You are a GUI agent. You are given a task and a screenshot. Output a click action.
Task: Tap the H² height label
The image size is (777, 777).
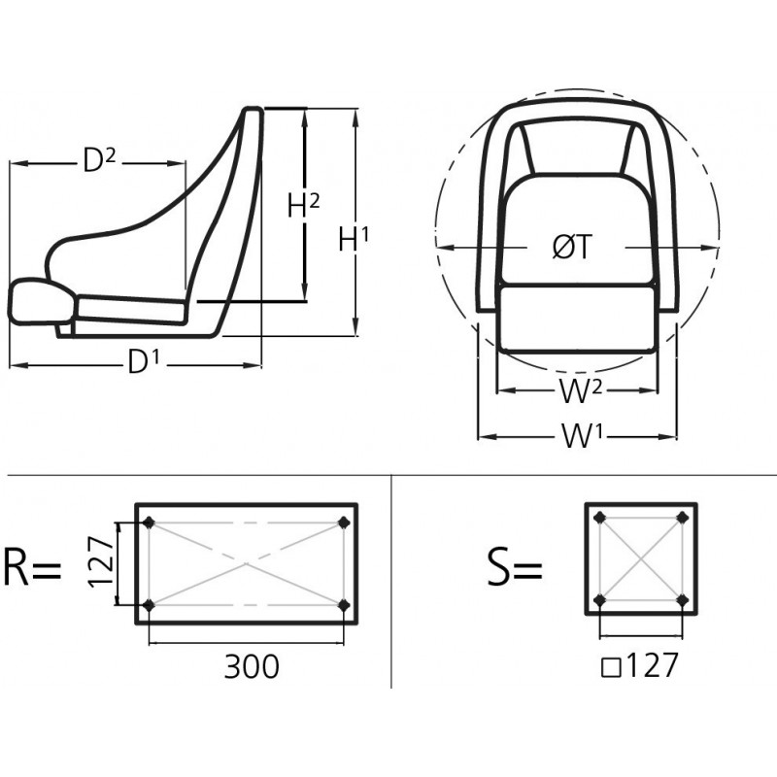pos(304,205)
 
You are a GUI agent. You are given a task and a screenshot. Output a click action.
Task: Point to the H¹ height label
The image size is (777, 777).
pos(354,238)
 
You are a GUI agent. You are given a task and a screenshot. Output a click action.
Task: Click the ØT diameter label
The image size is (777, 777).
pos(572,249)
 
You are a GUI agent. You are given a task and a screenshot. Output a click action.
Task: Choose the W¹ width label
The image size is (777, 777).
pos(583,437)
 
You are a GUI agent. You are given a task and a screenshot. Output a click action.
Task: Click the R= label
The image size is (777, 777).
pos(32,567)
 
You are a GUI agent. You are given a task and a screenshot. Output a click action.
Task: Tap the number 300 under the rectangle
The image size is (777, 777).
pos(252,666)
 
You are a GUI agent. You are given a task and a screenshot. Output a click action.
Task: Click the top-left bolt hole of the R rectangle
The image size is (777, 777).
pos(149,524)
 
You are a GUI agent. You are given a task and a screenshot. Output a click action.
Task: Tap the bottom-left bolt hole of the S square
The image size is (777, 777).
pos(599,599)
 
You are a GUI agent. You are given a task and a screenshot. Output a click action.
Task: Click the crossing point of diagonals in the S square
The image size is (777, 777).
pos(641,557)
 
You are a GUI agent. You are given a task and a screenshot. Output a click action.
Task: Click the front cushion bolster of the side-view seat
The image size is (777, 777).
pos(40,301)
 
